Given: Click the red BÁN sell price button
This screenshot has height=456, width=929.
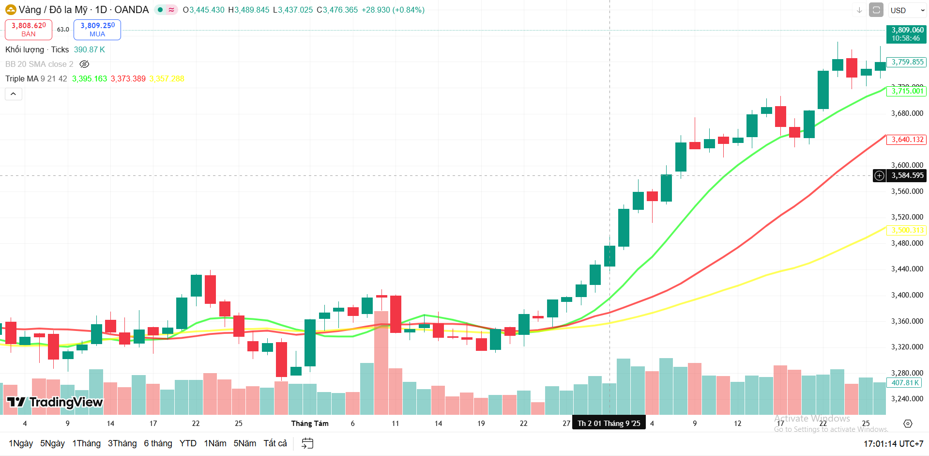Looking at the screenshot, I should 29,30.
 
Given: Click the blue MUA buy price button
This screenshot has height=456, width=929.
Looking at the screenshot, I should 97,30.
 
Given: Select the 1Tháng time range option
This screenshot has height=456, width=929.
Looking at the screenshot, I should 86,443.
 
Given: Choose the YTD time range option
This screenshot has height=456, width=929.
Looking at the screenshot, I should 188,443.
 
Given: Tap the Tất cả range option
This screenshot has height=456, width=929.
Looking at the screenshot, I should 275,443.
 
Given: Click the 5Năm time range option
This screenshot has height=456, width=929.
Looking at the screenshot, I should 244,443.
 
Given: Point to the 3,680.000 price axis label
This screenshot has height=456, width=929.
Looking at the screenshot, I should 907,113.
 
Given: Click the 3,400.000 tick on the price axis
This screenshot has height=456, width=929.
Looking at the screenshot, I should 907,295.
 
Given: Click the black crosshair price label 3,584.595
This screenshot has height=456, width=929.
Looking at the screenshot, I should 907,175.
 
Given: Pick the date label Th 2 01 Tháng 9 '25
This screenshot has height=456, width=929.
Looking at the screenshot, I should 609,424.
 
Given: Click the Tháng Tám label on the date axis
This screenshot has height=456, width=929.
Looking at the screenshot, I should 310,424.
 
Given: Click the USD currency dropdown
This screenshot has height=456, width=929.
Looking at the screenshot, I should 907,10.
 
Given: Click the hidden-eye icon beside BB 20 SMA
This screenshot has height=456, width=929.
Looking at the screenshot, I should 84,64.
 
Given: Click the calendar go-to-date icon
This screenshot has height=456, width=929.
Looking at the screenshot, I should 307,443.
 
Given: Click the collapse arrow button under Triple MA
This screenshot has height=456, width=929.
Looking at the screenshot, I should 14,94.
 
